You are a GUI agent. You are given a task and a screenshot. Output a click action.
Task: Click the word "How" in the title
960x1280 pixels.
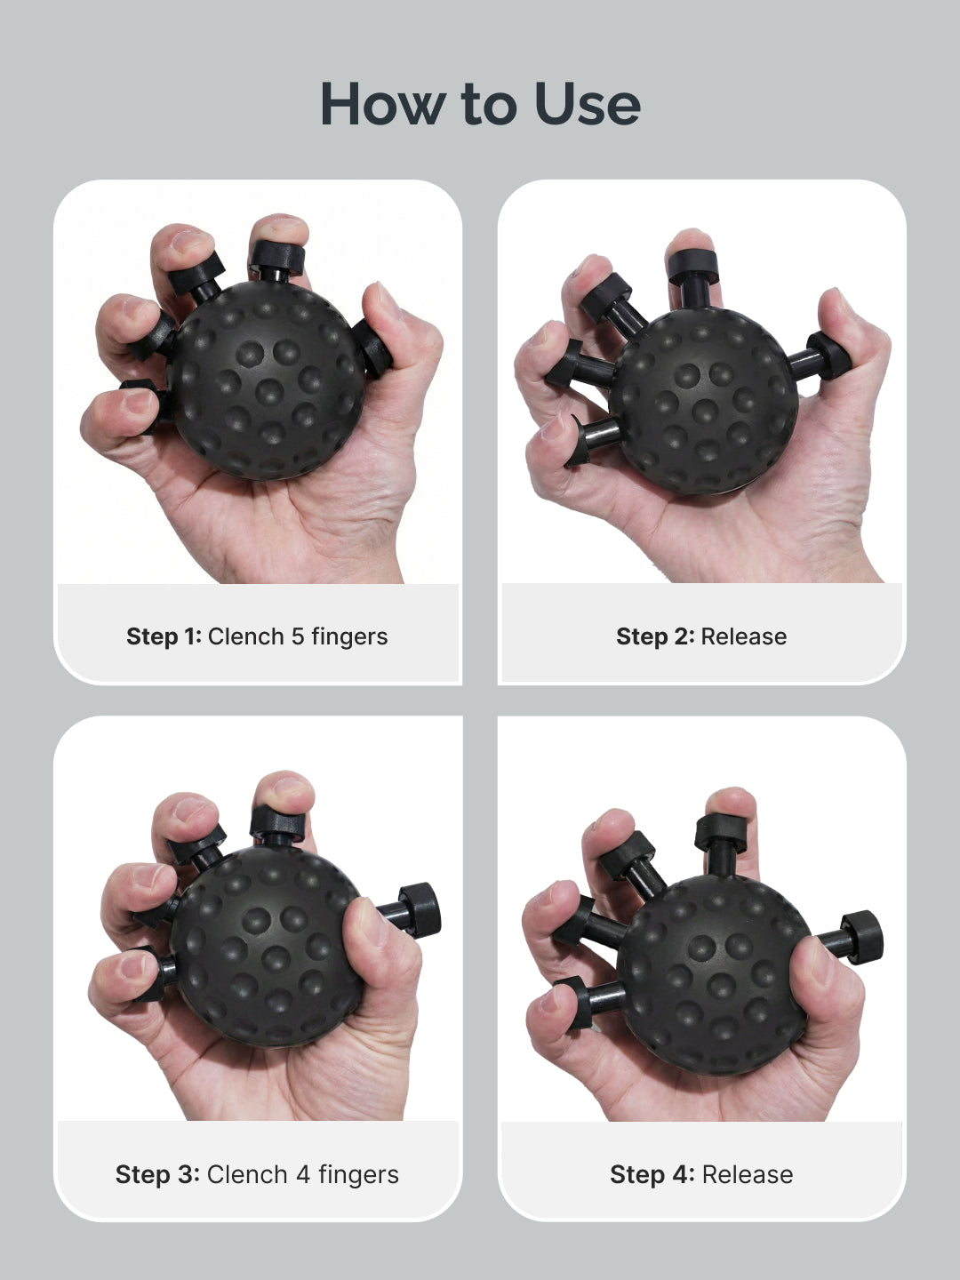pyautogui.click(x=380, y=104)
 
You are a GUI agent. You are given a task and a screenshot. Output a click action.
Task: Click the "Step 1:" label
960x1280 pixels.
pyautogui.click(x=164, y=636)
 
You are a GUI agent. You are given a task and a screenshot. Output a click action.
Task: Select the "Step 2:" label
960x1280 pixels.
pyautogui.click(x=654, y=636)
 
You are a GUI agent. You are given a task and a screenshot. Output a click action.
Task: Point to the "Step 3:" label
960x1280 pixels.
pyautogui.click(x=157, y=1174)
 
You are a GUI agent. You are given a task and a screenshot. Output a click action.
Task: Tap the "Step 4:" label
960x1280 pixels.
pyautogui.click(x=652, y=1174)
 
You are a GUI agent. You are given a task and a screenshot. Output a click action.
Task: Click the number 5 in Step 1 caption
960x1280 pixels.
pyautogui.click(x=298, y=636)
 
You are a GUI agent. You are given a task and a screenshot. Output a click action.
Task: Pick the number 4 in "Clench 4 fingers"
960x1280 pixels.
pyautogui.click(x=303, y=1174)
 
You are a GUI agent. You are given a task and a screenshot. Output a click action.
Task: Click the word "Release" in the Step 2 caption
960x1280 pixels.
pyautogui.click(x=743, y=636)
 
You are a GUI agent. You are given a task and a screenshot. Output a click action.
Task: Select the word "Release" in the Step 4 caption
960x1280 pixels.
pyautogui.click(x=747, y=1174)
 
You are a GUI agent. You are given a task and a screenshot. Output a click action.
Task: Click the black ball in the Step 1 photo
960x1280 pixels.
pyautogui.click(x=267, y=382)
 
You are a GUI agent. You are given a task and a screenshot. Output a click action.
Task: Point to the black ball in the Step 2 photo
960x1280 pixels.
pyautogui.click(x=702, y=400)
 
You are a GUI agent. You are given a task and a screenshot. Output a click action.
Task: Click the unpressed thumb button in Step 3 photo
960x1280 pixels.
pyautogui.click(x=418, y=909)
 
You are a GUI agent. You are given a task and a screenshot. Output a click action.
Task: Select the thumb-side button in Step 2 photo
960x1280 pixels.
pyautogui.click(x=831, y=356)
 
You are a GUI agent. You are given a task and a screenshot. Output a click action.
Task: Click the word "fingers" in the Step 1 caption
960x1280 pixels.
pyautogui.click(x=348, y=636)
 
